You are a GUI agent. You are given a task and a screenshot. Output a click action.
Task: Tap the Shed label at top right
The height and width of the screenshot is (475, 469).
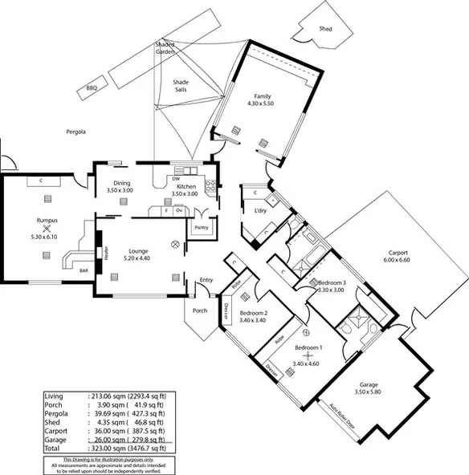click(325, 28)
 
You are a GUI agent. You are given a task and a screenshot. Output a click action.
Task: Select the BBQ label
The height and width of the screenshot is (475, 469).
click(92, 89)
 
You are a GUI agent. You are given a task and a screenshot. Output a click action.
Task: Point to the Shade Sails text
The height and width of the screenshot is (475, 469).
click(181, 86)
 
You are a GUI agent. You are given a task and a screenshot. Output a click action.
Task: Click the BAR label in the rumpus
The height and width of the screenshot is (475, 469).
click(83, 270)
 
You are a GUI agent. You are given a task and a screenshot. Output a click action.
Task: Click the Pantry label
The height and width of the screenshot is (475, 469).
click(201, 228)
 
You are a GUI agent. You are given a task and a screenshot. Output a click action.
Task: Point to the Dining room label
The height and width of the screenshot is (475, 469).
click(122, 184)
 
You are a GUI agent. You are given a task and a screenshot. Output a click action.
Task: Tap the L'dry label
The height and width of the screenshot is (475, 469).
click(260, 211)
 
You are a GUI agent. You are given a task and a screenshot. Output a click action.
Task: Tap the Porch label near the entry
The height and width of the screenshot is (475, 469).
click(200, 311)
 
